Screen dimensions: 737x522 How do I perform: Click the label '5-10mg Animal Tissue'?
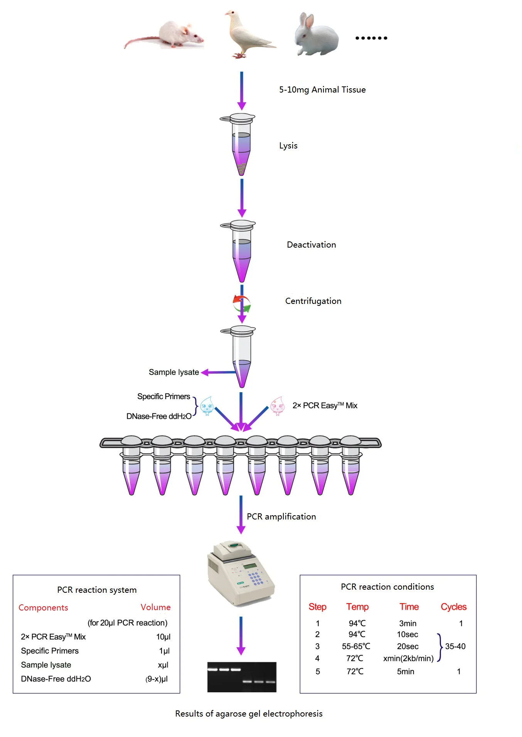(322, 89)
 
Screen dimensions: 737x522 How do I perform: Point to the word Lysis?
(288, 146)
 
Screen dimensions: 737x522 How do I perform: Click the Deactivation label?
(312, 245)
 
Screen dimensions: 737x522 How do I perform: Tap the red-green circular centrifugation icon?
(242, 304)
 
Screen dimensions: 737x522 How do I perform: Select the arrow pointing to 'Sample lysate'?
(218, 372)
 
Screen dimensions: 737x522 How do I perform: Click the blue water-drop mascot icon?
(207, 406)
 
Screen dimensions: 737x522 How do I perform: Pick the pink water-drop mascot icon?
(277, 406)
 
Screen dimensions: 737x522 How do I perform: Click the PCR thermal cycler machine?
(240, 573)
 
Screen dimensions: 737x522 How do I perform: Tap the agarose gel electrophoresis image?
(242, 677)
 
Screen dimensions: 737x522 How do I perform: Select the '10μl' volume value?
(163, 637)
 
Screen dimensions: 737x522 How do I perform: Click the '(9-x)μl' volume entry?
(157, 679)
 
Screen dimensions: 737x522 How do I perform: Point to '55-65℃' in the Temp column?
(356, 646)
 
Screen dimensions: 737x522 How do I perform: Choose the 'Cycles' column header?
(453, 607)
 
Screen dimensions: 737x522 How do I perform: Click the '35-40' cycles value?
(455, 646)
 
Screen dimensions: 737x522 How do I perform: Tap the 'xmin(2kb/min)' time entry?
(408, 658)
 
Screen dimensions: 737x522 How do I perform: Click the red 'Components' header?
(43, 608)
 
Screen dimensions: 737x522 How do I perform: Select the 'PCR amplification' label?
(281, 517)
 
